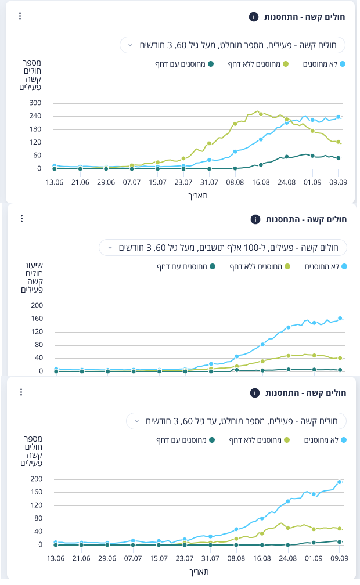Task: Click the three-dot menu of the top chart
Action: click(x=20, y=16)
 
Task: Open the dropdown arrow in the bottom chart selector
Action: click(x=136, y=421)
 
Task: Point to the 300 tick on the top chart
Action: click(x=36, y=103)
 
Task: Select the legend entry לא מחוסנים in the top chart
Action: click(x=324, y=64)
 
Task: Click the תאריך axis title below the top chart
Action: click(x=198, y=196)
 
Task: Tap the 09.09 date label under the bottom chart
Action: click(x=339, y=558)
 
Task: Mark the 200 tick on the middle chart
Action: click(x=37, y=305)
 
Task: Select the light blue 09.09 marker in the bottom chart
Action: click(x=340, y=482)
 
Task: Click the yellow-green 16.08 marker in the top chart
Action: click(x=261, y=114)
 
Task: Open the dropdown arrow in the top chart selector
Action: click(x=130, y=45)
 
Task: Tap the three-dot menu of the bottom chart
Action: click(x=20, y=392)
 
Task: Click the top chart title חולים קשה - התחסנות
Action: click(x=304, y=17)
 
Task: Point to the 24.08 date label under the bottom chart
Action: click(x=287, y=558)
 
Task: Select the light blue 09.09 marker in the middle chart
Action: click(x=340, y=318)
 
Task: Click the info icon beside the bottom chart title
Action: click(x=254, y=393)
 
